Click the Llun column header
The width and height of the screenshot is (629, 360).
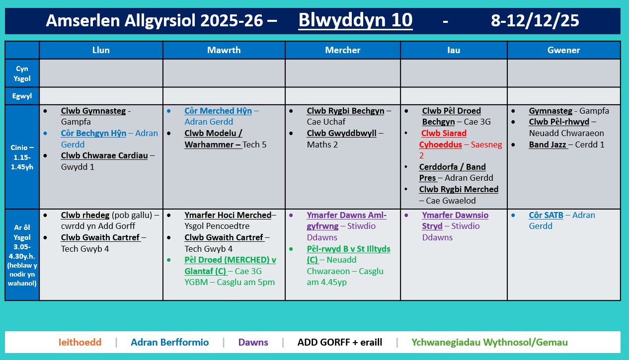point(101,50)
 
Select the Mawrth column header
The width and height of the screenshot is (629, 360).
point(224,50)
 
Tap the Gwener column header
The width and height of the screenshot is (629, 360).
point(563,50)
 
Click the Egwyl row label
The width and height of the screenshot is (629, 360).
point(22,96)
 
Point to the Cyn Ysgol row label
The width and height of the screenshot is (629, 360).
point(22,73)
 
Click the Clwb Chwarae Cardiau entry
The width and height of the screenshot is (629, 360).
point(104,155)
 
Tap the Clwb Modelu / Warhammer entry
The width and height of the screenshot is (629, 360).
point(213,139)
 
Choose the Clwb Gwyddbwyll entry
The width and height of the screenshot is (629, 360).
point(342,133)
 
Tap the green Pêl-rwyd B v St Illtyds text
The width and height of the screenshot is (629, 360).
point(348,249)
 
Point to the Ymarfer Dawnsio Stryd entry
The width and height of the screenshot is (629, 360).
point(455,220)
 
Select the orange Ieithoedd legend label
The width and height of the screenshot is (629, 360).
point(79,342)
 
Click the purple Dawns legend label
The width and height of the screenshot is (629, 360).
point(253,342)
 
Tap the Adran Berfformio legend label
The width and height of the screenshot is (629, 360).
point(169,342)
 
